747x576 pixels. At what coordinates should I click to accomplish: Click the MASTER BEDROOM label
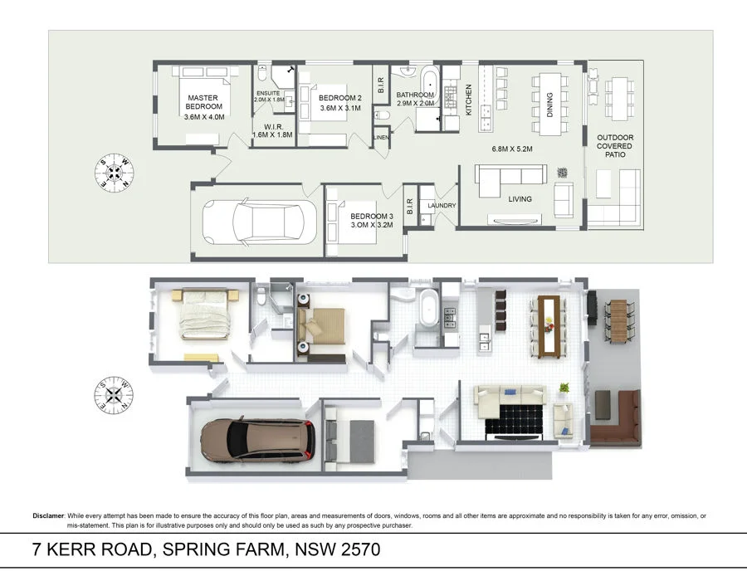coord(203,102)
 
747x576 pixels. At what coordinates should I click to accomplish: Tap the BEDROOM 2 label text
coord(339,98)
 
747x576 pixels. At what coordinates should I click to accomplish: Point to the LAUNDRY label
coord(441,206)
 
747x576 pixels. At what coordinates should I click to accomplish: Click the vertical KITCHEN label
coord(469,99)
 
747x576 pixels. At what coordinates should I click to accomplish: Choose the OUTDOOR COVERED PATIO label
coord(614,146)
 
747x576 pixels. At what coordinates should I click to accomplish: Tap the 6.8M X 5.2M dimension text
coord(511,149)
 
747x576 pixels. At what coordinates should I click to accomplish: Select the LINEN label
coord(381,137)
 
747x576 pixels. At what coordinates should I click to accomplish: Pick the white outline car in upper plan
coord(259,222)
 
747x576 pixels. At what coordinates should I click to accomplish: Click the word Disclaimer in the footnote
coord(48,516)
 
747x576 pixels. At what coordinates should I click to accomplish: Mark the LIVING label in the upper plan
coord(520,199)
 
